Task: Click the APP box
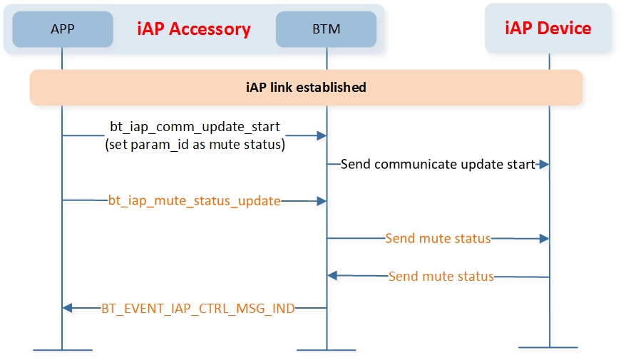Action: pos(63,29)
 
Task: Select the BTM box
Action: pos(326,29)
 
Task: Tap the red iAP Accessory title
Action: pos(194,29)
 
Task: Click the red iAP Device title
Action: pos(548,28)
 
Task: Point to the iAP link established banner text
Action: pos(306,87)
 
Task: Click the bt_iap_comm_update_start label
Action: pos(195,127)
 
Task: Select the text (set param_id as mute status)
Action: pos(195,145)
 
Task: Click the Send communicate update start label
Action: pos(438,164)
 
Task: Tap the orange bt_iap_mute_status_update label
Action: pos(194,201)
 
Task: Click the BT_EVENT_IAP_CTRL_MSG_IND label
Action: pos(198,308)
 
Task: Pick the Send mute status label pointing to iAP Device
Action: pos(438,238)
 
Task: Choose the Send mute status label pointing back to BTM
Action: pos(441,276)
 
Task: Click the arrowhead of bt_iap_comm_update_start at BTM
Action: pos(322,136)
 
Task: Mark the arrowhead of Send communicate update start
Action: pos(544,164)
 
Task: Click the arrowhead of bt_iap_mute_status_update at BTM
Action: pos(322,201)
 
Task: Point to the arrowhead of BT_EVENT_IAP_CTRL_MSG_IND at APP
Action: pos(67,308)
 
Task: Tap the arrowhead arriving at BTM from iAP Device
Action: pos(332,276)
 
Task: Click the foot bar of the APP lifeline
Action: pos(63,350)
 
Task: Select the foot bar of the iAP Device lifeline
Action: pos(548,348)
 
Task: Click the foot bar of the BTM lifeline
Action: pos(327,350)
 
